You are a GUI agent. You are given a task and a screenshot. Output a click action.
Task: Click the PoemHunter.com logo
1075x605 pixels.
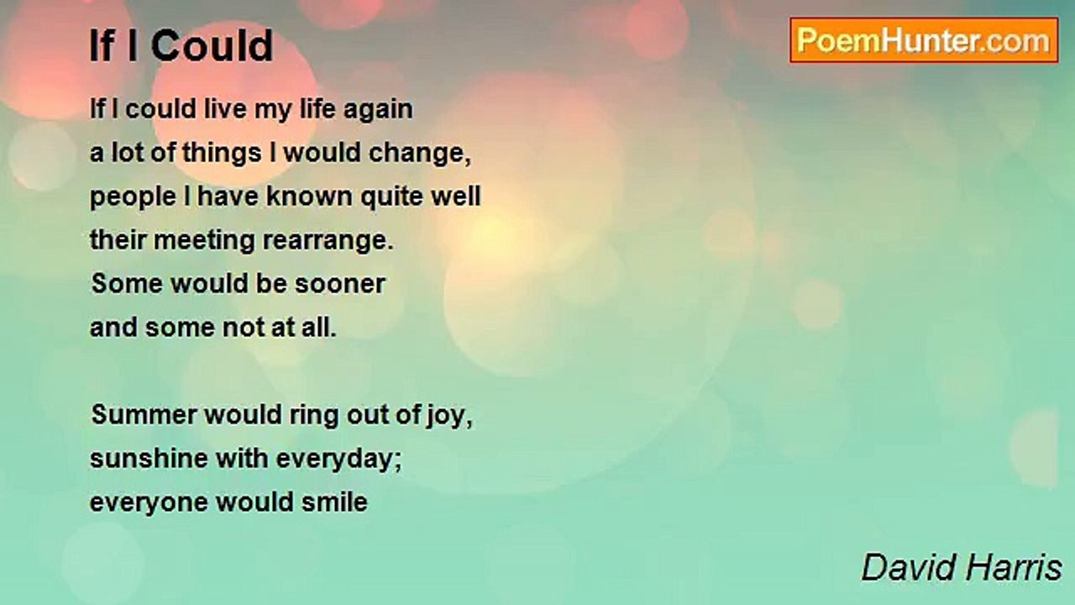924,40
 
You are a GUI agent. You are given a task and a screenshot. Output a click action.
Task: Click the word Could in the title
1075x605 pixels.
212,46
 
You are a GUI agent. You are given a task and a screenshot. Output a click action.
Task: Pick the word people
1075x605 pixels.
133,197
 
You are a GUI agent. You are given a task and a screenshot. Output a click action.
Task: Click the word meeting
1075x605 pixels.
204,241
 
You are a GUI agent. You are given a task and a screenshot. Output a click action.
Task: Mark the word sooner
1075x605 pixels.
340,284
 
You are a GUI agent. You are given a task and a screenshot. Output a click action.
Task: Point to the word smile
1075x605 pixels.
334,502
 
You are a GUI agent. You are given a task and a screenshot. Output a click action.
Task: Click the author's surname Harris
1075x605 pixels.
1014,567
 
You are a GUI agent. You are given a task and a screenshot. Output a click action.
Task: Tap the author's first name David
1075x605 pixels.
909,567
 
